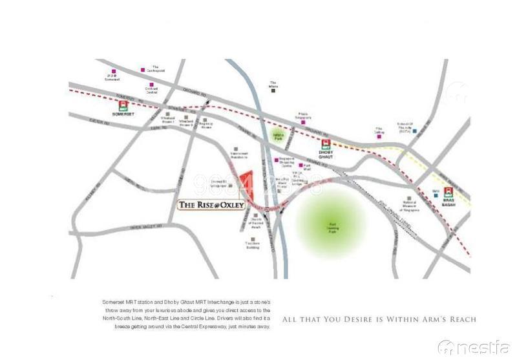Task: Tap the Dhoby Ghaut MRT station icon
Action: pos(327,145)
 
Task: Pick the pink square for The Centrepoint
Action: pos(143,70)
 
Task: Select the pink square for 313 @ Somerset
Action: pos(114,71)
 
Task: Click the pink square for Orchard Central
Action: pos(151,85)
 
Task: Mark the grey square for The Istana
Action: pos(273,90)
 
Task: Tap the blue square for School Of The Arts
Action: pos(415,132)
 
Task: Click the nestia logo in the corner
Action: pos(474,347)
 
